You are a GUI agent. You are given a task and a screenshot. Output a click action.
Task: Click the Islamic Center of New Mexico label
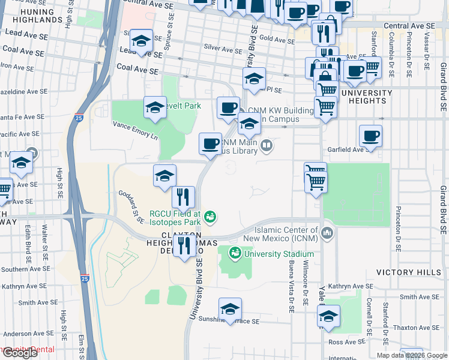coord(286,234)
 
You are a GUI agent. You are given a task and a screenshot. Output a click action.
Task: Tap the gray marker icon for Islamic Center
coord(327,232)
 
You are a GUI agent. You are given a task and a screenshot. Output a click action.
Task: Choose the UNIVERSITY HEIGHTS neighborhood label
coord(366,97)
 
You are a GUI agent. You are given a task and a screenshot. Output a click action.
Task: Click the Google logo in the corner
coord(20,353)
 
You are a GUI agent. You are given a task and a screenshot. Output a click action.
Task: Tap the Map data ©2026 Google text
coord(412,355)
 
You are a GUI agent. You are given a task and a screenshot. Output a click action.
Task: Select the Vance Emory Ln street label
coord(135,129)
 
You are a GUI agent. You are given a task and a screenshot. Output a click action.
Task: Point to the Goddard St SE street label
coord(131,206)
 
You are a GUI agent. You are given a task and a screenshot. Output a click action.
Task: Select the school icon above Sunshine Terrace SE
coord(230,309)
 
